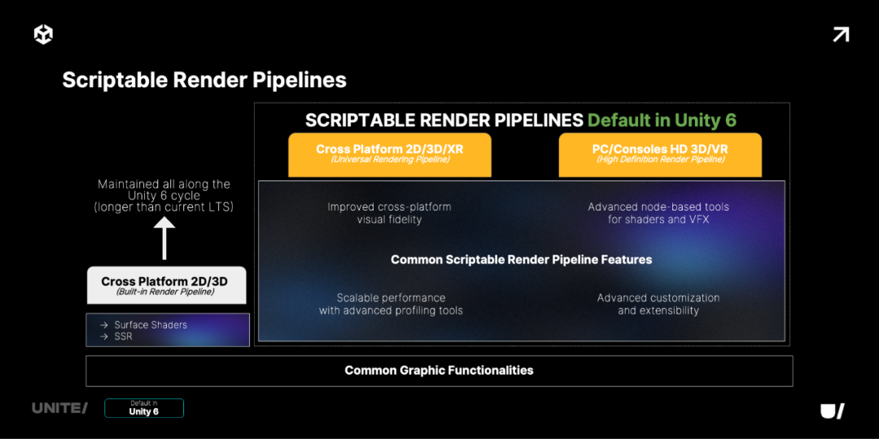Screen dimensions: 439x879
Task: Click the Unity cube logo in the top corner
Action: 43,34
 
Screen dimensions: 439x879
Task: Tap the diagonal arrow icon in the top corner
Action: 841,34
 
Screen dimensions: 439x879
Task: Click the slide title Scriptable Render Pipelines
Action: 204,80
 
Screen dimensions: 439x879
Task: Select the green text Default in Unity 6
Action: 662,120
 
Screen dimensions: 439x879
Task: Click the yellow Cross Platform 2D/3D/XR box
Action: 390,154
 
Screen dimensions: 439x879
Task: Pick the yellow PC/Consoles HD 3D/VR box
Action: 660,154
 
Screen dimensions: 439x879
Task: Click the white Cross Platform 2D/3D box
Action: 165,285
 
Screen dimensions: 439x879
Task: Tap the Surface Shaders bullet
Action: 151,324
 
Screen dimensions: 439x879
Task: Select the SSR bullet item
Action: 123,337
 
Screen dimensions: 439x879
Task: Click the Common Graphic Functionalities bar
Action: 439,371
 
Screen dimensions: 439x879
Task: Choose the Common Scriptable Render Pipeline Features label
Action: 521,260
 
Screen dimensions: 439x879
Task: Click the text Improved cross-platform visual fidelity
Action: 389,213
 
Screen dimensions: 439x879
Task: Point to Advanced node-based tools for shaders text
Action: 658,213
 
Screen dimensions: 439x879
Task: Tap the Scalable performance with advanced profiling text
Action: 391,304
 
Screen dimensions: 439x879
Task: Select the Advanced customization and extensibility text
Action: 658,304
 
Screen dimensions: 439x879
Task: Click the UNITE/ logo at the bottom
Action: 59,408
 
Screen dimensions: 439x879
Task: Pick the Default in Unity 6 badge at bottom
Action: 144,408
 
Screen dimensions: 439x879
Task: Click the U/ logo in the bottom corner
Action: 832,411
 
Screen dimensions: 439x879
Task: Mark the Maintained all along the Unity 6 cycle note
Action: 164,195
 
